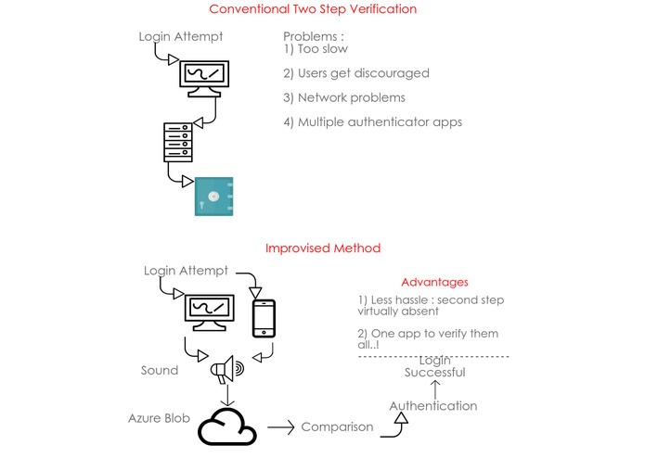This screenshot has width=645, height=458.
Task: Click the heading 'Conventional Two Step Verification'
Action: click(x=313, y=9)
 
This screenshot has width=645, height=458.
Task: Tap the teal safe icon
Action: click(x=213, y=197)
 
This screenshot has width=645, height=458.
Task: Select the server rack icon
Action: click(x=178, y=142)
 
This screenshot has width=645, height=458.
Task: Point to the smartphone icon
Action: click(x=264, y=318)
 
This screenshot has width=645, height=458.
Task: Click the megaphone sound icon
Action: click(x=226, y=371)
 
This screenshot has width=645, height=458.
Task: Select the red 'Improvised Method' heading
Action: click(x=322, y=248)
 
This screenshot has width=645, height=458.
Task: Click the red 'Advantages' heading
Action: click(x=434, y=282)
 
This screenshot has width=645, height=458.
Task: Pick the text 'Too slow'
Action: click(x=323, y=49)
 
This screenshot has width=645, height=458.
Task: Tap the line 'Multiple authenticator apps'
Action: click(x=373, y=122)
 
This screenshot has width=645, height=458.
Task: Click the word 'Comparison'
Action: click(x=337, y=427)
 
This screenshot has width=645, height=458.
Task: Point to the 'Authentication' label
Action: click(x=432, y=406)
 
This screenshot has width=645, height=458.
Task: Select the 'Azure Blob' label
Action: click(x=159, y=418)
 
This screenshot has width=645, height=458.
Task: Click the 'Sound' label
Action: click(x=160, y=370)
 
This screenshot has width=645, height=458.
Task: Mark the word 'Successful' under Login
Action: click(x=434, y=373)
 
